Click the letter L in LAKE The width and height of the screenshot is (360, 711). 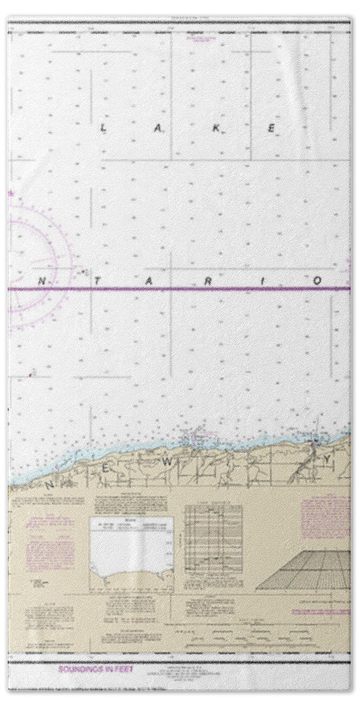[x=103, y=128]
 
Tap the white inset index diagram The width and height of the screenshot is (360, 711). [x=132, y=551]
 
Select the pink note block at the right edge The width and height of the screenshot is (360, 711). [x=326, y=518]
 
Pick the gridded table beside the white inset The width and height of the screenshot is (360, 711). [x=213, y=547]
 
